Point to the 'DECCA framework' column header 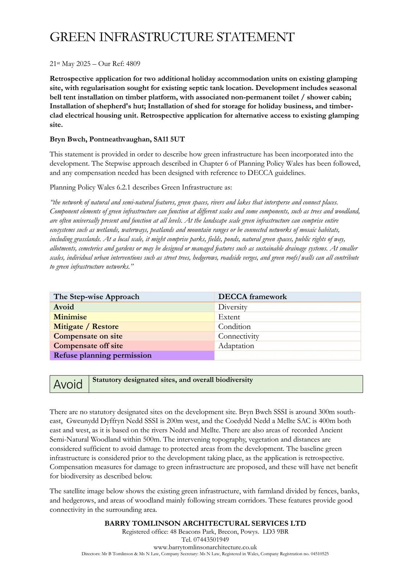[252, 297]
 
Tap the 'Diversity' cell [233, 307]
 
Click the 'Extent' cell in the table [229, 317]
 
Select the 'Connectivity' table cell [239, 336]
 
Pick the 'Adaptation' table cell [236, 346]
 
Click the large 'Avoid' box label [68, 384]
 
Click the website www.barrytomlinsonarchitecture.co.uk [205, 547]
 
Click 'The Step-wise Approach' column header [97, 297]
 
